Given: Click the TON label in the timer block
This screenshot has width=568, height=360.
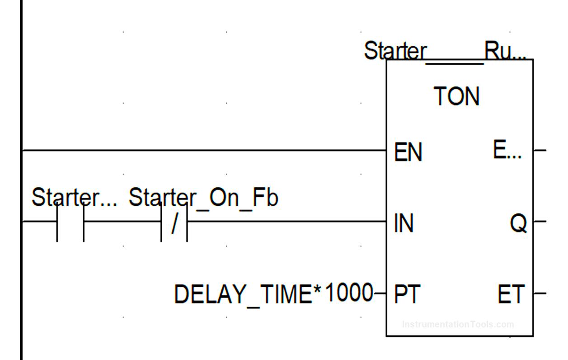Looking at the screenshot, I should (456, 96).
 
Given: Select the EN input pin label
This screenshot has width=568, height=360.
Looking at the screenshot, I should (408, 152).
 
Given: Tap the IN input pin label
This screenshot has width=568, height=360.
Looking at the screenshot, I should (404, 223).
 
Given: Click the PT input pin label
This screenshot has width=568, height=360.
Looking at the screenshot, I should (407, 295).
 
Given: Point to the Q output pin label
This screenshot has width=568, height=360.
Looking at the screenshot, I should (518, 223).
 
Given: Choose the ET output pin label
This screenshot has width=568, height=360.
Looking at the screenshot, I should (511, 295).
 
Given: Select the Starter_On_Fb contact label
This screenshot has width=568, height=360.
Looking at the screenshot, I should (203, 198).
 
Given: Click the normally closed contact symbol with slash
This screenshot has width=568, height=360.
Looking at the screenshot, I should (174, 223).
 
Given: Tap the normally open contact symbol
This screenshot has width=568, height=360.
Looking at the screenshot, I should (70, 222).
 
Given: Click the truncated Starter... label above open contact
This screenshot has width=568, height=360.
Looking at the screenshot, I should (74, 198).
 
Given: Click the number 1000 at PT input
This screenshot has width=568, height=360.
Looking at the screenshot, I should (348, 293).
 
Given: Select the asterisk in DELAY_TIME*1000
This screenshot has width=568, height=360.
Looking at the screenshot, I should (319, 289).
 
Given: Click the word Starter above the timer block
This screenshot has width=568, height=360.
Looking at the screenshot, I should (395, 51).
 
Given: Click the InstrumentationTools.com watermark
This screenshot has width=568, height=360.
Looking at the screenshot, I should (458, 324).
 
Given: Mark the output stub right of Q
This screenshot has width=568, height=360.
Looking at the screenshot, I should (540, 222).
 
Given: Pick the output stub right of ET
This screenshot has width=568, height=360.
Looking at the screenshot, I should (540, 293).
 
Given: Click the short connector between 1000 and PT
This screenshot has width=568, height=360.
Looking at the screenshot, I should (380, 294).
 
